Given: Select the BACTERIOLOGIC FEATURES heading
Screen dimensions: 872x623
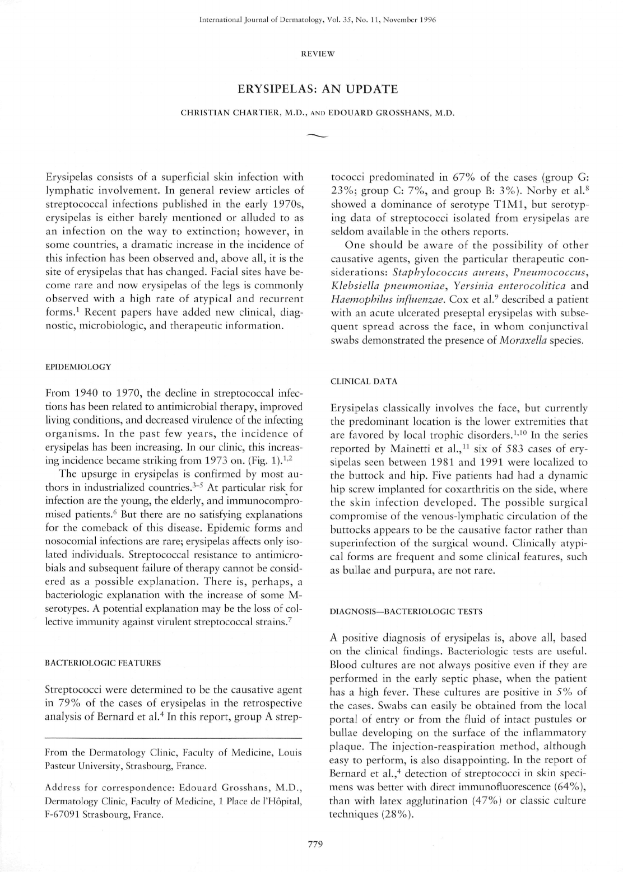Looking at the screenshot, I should click(103, 663).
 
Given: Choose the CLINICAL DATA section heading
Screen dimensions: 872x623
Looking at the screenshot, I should click(364, 381).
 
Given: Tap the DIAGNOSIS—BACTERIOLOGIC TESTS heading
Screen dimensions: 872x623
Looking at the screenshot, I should click(406, 611).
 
